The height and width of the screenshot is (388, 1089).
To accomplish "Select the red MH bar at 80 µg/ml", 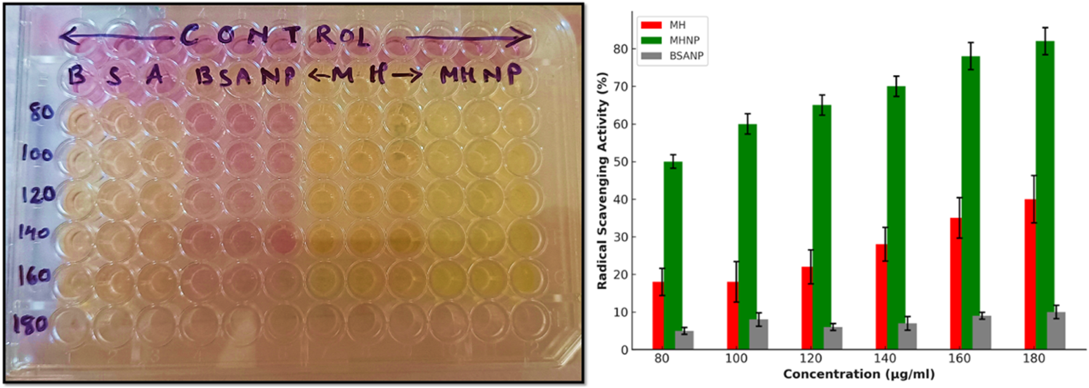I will tap(658, 315).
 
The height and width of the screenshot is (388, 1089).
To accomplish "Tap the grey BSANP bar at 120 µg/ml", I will tap(833, 338).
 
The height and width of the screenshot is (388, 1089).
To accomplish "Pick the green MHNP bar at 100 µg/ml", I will tap(747, 237).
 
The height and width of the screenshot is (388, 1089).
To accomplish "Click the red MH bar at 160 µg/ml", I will tap(956, 283).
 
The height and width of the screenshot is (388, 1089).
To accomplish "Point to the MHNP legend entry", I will tap(684, 41).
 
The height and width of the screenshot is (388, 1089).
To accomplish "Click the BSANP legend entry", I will tap(686, 56).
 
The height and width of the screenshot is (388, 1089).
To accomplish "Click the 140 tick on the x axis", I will tap(885, 358).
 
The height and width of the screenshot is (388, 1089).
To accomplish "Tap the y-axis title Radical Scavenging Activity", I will tap(602, 181).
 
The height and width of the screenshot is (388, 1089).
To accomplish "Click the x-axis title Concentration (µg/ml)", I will tap(859, 374).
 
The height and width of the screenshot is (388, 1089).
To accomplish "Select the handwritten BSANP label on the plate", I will tap(245, 77).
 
